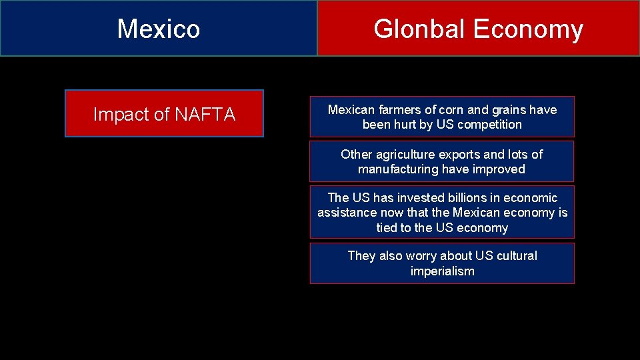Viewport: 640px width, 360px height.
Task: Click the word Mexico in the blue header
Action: point(159,29)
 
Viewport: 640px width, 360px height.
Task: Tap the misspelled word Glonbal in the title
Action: point(419,29)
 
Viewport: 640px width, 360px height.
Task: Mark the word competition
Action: point(488,125)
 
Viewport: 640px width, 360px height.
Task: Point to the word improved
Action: point(499,169)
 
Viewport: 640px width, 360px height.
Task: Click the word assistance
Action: point(347,213)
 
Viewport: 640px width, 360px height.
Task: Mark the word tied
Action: point(387,228)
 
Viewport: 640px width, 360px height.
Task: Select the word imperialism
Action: point(442,271)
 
